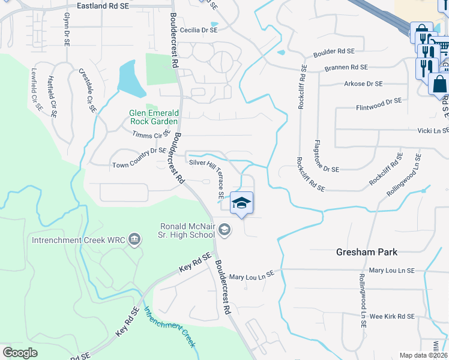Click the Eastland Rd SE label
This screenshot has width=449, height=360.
(x=111, y=5)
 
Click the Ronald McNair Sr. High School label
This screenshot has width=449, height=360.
(x=187, y=230)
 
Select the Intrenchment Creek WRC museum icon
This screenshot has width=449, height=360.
(x=134, y=240)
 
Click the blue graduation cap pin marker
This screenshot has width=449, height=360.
(x=241, y=203)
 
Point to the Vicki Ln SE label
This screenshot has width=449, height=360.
(x=433, y=130)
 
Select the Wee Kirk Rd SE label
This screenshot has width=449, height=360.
(x=392, y=316)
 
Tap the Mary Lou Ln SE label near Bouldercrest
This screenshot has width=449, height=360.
(x=252, y=277)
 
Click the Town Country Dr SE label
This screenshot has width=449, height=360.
(x=139, y=164)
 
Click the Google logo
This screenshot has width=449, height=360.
(x=20, y=353)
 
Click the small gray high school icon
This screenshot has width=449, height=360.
(x=224, y=229)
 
